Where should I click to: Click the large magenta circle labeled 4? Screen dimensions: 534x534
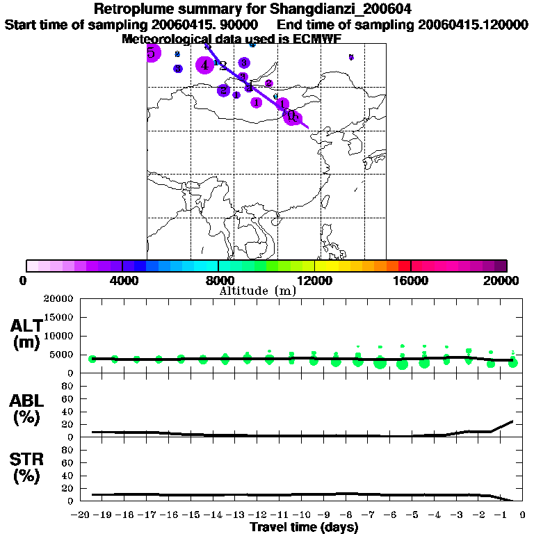(204, 65)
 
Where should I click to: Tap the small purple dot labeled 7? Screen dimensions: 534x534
(351, 57)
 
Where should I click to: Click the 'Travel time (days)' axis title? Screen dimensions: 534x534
(304, 528)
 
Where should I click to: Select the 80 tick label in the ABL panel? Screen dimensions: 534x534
(68, 385)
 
